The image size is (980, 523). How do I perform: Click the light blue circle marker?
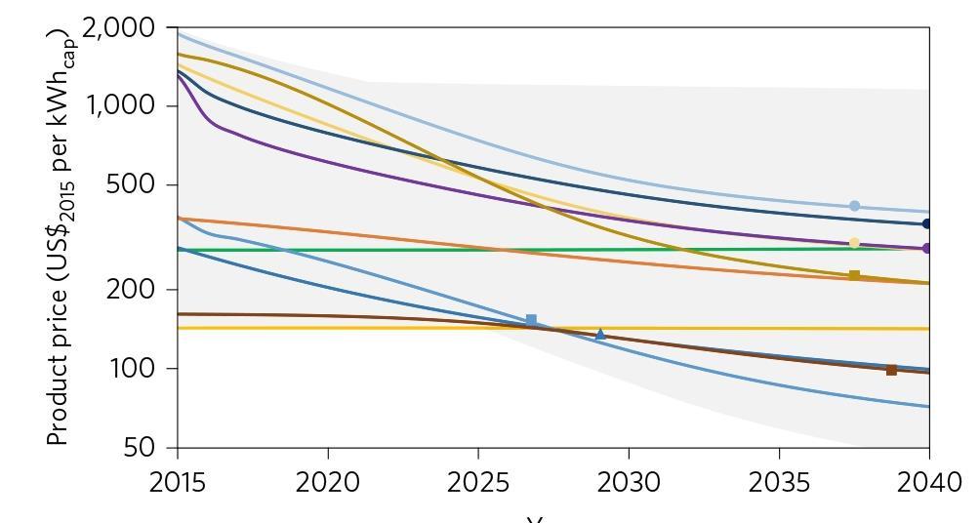855,206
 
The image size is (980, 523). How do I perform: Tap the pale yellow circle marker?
855,243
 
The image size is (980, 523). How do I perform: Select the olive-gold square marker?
855,276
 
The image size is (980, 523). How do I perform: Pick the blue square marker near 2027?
531,320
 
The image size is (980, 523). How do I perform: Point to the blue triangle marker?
600,335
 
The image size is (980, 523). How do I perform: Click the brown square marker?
891,370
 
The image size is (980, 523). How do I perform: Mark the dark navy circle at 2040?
927,223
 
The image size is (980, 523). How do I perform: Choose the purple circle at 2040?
927,248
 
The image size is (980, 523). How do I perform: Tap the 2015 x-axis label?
178,482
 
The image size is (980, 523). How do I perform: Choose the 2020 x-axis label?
328,482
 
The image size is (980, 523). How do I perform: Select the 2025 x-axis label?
478,482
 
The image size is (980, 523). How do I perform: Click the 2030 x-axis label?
629,482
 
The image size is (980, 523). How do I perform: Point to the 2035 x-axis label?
779,482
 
